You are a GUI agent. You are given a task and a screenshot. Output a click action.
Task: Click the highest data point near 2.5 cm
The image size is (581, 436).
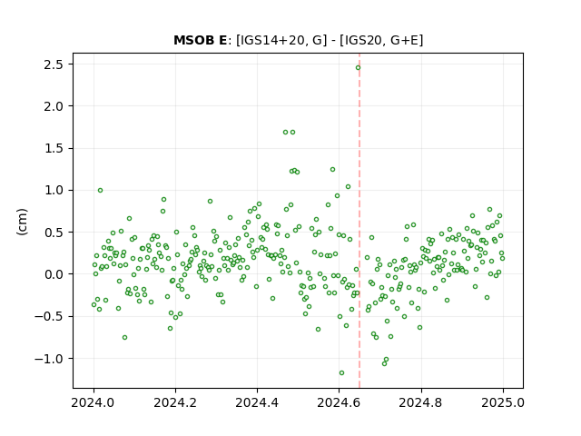[358, 67]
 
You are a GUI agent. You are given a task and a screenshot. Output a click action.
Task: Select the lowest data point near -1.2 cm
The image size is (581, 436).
[341, 372]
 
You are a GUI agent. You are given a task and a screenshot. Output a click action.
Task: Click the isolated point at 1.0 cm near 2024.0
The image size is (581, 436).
[100, 190]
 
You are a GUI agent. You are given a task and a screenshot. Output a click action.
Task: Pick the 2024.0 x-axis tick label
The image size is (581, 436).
[94, 402]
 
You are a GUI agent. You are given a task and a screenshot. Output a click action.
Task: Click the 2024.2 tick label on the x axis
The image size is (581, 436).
[175, 402]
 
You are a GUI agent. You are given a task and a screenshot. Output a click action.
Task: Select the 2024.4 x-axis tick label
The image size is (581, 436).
[257, 402]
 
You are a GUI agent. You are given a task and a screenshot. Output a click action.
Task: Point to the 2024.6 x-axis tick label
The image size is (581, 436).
[339, 402]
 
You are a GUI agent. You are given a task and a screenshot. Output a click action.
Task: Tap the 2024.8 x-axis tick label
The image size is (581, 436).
[420, 402]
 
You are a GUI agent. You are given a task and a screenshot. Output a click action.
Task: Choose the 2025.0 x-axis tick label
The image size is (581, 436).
[503, 402]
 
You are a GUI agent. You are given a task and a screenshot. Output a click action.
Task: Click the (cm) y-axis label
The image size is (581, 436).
[22, 222]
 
